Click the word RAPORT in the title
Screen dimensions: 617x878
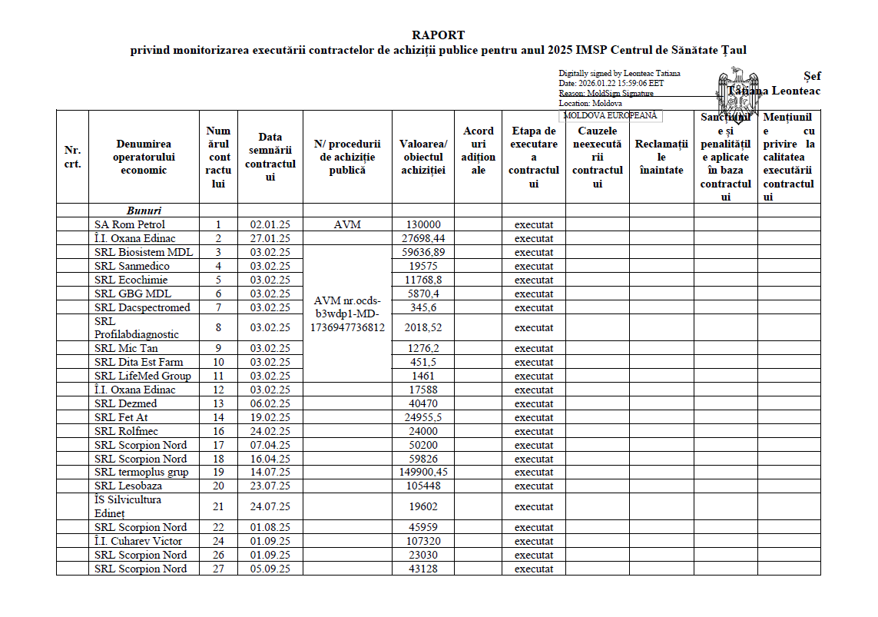(x=438, y=35)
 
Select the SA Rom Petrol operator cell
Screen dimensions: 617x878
(x=130, y=224)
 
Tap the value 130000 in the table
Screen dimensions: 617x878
(x=423, y=224)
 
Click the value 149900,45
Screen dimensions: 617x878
(x=423, y=472)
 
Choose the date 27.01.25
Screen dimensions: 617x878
(x=270, y=238)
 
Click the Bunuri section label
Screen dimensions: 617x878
(x=144, y=211)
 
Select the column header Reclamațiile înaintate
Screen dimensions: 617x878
(x=661, y=157)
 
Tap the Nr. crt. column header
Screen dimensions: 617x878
(x=72, y=157)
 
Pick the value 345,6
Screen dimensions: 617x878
(x=423, y=307)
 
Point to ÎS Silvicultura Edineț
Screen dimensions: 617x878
(x=128, y=506)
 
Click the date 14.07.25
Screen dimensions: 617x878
(x=270, y=472)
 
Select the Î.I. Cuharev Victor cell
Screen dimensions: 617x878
(x=138, y=541)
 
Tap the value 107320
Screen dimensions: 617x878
(x=423, y=541)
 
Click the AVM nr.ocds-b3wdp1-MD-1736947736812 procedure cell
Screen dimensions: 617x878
(x=347, y=313)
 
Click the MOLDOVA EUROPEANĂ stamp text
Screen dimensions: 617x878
(x=611, y=115)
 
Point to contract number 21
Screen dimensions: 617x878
(x=218, y=506)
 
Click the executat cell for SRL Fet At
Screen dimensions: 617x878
(x=534, y=417)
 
